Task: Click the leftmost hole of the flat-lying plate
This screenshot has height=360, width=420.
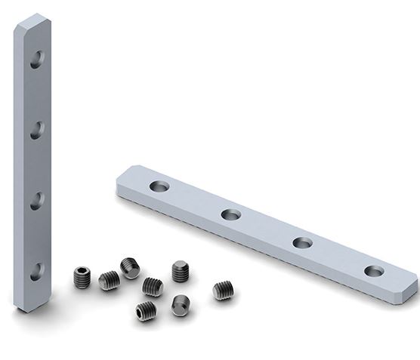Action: (160, 186)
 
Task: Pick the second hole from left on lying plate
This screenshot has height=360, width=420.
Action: (231, 215)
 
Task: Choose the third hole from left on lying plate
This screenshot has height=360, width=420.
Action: (302, 243)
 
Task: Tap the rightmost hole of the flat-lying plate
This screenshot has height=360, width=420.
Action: (373, 271)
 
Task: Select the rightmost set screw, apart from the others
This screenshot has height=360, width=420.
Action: (222, 291)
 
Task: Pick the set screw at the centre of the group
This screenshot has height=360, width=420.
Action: (153, 287)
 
